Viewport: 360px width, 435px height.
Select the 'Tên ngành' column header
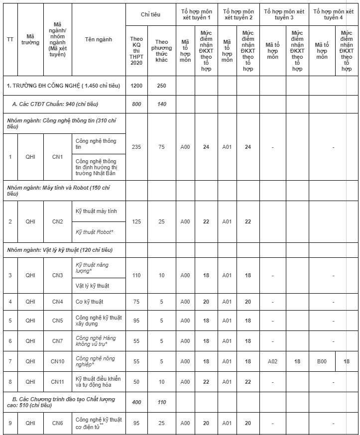[x=99, y=39]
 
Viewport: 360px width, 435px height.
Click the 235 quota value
[x=136, y=147]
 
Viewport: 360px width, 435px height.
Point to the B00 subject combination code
[x=322, y=361]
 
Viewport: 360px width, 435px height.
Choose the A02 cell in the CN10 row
[x=272, y=361]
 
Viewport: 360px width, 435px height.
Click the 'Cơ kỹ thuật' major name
[x=90, y=302]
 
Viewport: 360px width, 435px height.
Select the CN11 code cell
[x=58, y=382]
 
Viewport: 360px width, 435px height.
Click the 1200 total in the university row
[x=136, y=86]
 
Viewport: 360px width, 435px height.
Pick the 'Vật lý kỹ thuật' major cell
[x=93, y=286]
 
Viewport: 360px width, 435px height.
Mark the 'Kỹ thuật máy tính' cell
[x=97, y=212]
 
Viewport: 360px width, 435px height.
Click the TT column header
[x=10, y=39]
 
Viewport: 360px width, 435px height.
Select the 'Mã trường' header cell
[x=30, y=39]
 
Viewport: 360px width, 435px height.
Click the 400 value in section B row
[x=136, y=402]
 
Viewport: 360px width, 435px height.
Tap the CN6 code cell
[x=58, y=423]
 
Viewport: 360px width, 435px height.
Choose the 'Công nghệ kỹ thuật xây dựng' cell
[x=98, y=321]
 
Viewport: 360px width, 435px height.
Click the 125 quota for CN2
[x=136, y=221]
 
